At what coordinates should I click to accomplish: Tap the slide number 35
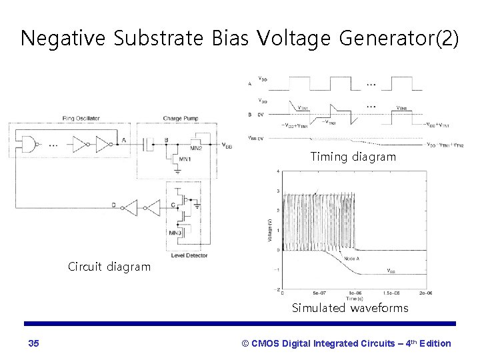[34, 343]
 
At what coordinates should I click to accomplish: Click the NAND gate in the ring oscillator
[27, 141]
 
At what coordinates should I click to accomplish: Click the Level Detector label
[190, 255]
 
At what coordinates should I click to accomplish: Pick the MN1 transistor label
[186, 160]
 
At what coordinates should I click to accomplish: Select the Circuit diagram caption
[109, 267]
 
